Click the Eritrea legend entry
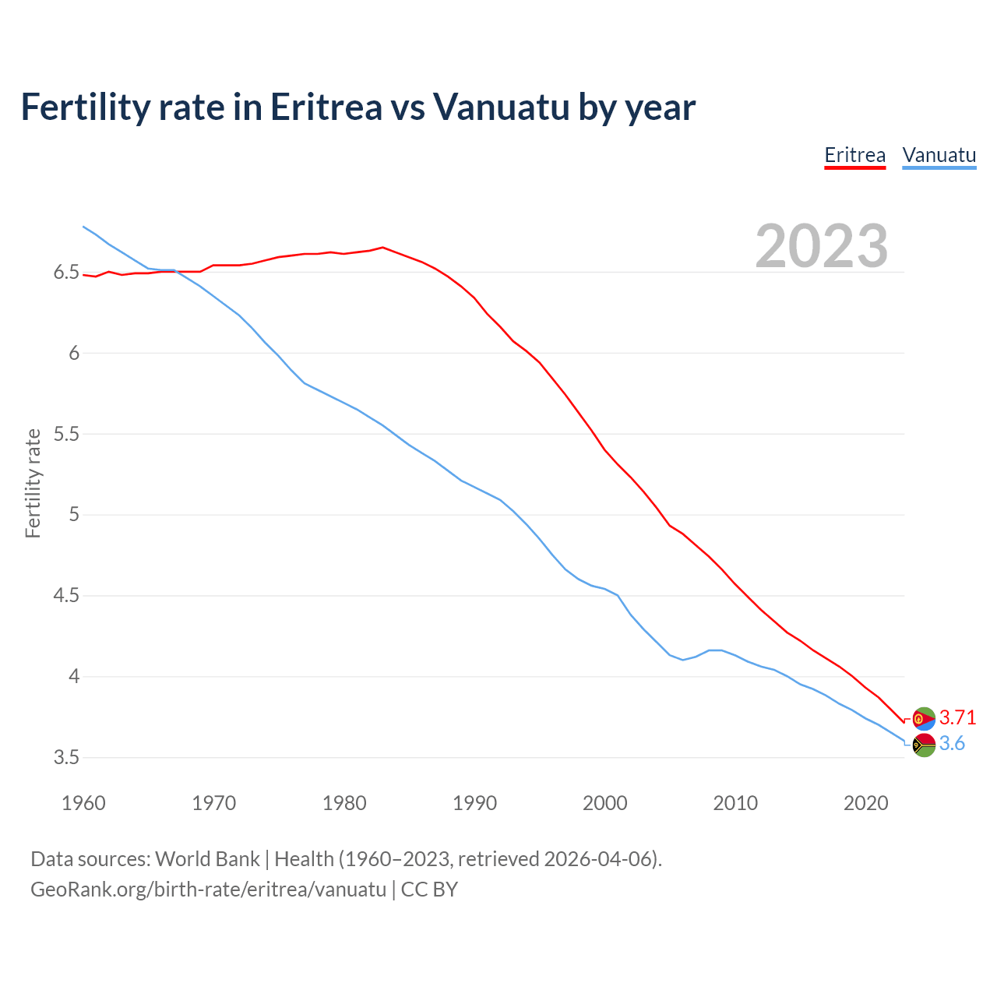point(854,155)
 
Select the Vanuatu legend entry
point(939,155)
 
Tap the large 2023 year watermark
point(821,246)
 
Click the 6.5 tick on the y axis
point(67,273)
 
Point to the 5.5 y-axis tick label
point(67,434)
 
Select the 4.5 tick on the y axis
point(67,596)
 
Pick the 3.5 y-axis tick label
point(67,757)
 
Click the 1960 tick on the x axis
point(83,803)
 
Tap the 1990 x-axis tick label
point(474,803)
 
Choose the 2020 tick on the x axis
point(865,803)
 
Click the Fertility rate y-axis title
point(33,483)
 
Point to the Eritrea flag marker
point(924,718)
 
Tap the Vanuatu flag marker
point(924,745)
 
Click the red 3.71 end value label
point(957,717)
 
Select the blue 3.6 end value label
point(952,744)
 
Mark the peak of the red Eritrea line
point(382,248)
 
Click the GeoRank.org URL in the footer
point(208,890)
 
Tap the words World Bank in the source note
point(207,859)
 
